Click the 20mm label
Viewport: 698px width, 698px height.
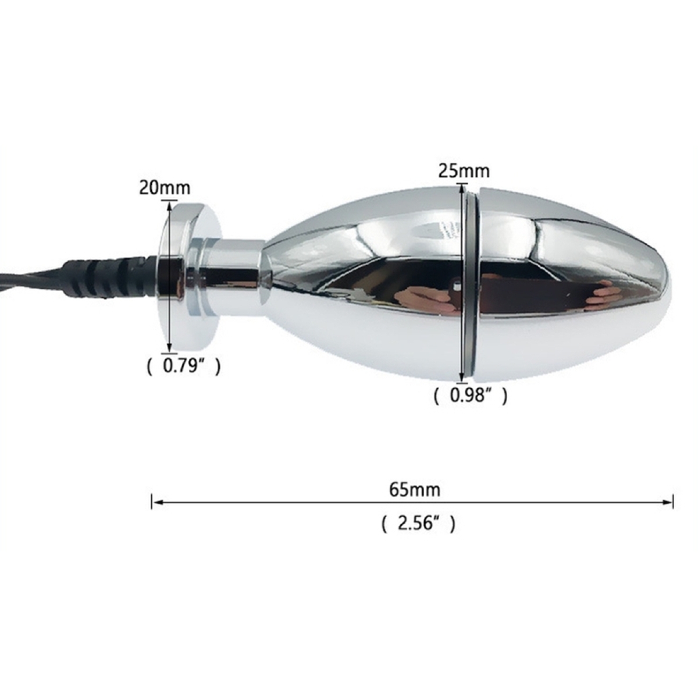165,188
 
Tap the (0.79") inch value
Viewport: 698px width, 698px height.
184,366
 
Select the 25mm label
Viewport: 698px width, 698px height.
464,171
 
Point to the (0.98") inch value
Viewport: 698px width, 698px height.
471,396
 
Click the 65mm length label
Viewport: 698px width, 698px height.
414,490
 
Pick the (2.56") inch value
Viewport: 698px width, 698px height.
418,523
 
